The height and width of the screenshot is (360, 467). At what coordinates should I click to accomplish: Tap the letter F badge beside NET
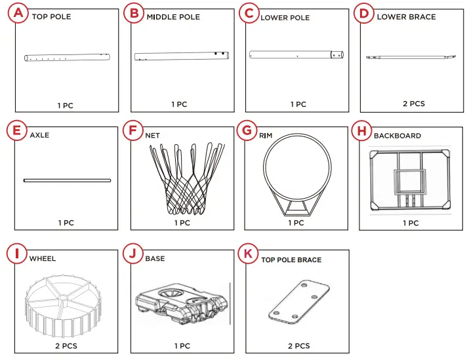133,130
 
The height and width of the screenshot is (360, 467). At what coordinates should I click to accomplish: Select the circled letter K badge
248,253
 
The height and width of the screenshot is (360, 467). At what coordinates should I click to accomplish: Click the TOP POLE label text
51,16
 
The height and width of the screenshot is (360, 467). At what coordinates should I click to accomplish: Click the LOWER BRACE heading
406,16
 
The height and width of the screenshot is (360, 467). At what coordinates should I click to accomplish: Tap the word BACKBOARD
397,136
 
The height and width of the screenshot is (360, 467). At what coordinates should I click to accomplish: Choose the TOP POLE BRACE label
291,260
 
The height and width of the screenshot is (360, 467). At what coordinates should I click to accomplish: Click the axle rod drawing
67,180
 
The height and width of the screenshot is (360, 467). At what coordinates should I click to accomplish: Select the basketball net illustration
182,178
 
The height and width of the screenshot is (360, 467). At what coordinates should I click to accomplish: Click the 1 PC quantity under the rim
296,223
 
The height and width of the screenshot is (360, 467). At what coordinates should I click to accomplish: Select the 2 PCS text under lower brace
414,104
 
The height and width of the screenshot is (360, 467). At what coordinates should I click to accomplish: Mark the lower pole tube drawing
296,56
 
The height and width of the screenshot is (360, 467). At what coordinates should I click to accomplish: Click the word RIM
266,136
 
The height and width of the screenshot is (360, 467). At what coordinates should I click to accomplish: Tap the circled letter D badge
363,12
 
